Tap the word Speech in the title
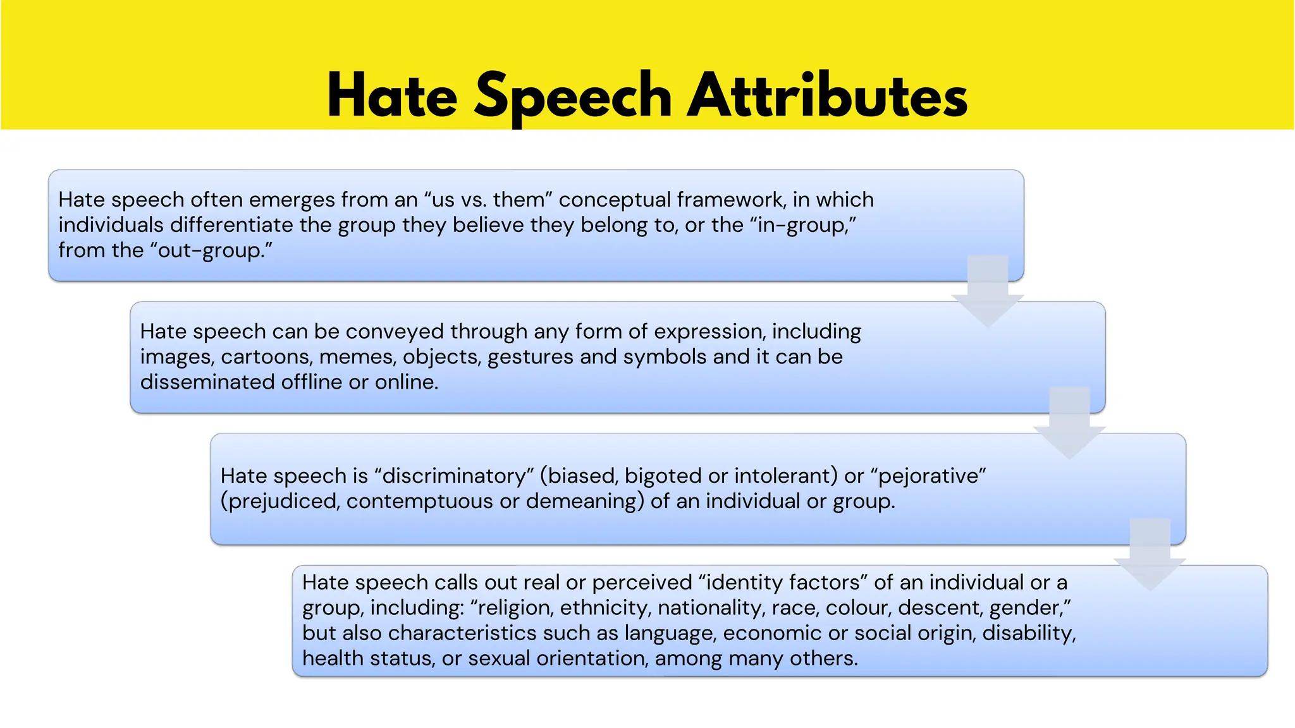tap(573, 96)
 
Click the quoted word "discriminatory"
tap(455, 476)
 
